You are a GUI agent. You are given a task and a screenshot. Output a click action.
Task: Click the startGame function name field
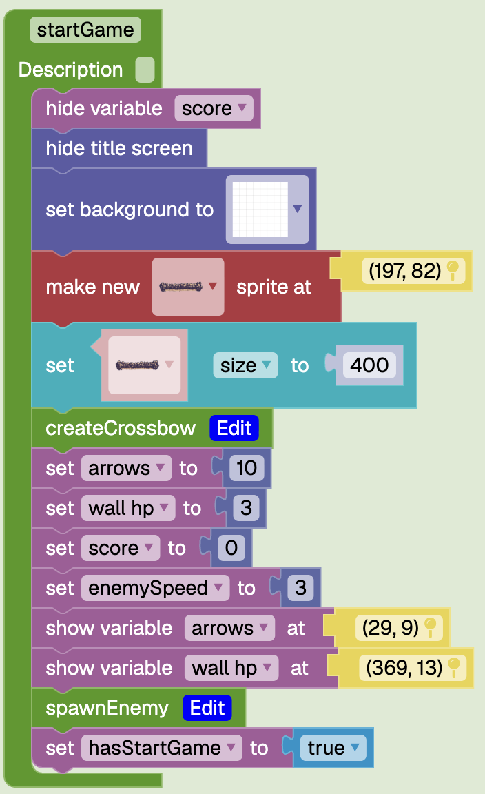tap(85, 30)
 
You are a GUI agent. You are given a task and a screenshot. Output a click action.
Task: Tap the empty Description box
tap(145, 70)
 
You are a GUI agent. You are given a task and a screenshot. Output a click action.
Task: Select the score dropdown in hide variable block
tap(214, 108)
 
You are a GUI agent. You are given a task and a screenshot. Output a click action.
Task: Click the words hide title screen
tap(119, 148)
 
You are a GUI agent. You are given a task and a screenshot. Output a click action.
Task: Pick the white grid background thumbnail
tap(260, 210)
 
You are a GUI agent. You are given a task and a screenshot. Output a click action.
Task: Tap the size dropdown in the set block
tap(245, 365)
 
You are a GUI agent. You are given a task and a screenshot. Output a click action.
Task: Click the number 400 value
tap(369, 365)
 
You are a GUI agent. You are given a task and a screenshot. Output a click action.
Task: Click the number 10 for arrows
tap(247, 468)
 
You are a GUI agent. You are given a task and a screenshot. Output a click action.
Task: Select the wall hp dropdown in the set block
tap(128, 508)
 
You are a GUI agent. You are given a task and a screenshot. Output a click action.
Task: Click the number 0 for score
tap(231, 548)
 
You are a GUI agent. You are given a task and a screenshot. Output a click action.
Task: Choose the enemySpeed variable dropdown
tap(156, 588)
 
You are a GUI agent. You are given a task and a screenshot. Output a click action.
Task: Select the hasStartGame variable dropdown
tap(161, 748)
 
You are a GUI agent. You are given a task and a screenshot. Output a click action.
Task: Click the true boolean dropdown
tap(333, 748)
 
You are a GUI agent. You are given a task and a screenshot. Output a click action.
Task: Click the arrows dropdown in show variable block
tap(230, 628)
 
